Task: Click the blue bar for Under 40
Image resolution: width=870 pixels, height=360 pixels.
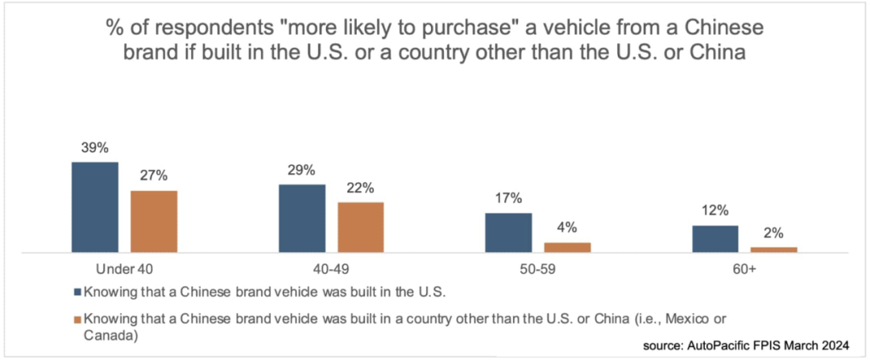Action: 94,208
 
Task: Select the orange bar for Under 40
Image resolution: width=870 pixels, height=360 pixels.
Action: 154,222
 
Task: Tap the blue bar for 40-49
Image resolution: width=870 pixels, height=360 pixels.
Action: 302,219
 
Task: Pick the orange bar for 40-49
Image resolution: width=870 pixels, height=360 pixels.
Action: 361,228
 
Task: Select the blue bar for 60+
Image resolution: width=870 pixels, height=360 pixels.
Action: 715,239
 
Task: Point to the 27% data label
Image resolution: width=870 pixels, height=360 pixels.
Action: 154,176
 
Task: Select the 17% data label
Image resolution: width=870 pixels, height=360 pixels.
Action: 508,198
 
